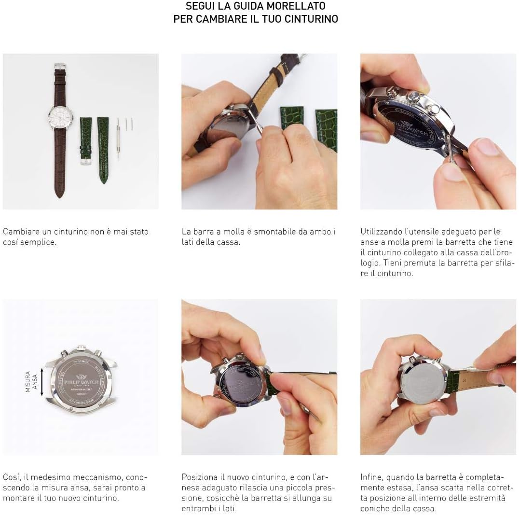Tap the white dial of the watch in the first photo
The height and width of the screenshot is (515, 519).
coord(60,116)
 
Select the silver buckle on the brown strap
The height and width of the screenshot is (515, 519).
coord(60,67)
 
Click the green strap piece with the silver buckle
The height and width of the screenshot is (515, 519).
coord(85,140)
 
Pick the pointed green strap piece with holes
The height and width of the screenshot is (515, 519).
coord(103,150)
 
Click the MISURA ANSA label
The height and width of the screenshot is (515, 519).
coord(31,381)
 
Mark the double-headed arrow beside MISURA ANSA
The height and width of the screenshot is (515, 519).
coord(42,381)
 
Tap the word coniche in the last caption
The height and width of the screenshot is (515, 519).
coord(375,509)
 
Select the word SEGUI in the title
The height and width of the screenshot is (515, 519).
coord(199,6)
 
